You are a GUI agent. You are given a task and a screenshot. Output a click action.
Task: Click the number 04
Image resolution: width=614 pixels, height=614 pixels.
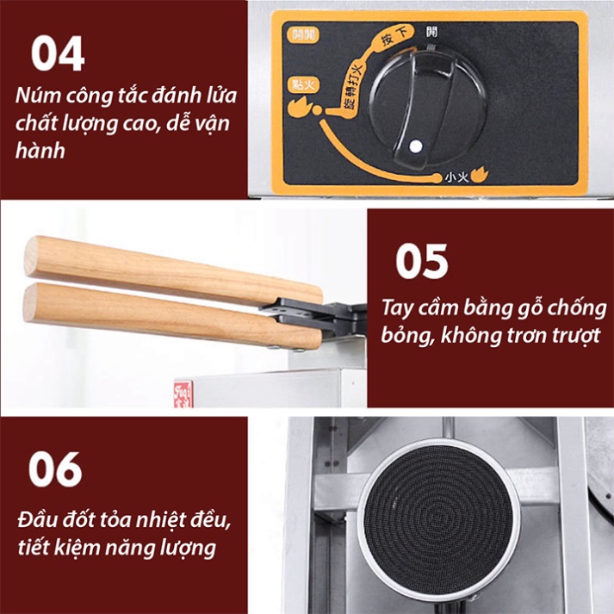tap(58, 53)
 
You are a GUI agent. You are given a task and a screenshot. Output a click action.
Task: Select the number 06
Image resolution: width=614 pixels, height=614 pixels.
tap(55, 469)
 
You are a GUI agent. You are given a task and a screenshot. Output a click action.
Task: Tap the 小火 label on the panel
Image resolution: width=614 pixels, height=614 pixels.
tap(456, 177)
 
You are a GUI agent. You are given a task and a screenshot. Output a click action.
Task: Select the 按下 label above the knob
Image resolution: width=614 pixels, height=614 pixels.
tap(393, 37)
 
